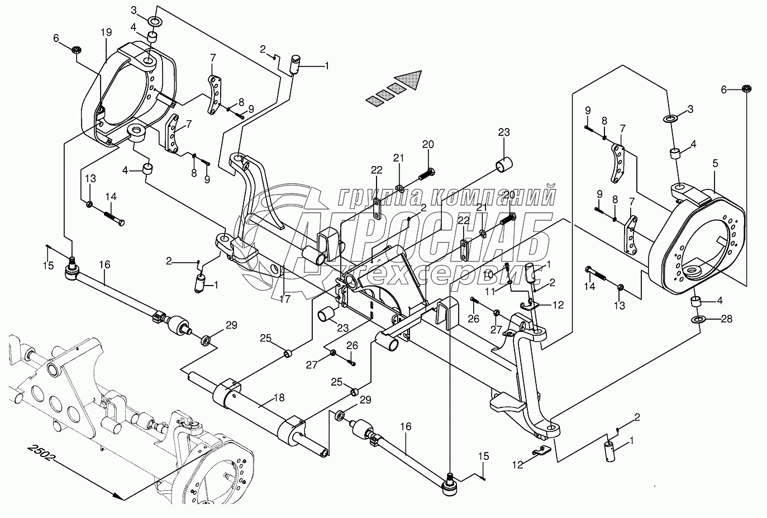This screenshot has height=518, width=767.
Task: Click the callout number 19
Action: (x=106, y=33)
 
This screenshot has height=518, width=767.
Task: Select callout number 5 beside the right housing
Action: (x=716, y=163)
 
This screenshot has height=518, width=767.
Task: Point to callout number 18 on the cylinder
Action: (x=279, y=398)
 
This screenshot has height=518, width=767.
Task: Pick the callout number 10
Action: (x=488, y=274)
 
